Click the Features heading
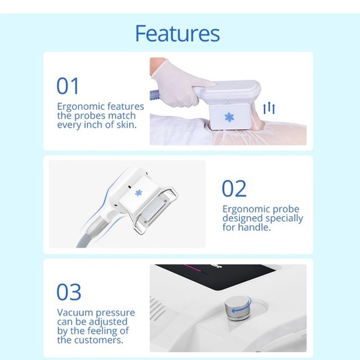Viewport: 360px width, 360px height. (x=178, y=34)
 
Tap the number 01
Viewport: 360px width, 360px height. (x=68, y=86)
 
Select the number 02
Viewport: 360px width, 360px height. (x=234, y=189)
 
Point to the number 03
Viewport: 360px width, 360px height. (x=69, y=292)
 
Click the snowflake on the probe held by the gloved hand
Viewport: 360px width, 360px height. (x=229, y=117)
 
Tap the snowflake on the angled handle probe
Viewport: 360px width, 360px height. (x=138, y=193)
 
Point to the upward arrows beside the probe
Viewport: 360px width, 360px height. (x=269, y=109)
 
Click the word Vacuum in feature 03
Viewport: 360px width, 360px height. (x=75, y=312)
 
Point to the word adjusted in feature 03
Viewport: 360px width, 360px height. (x=108, y=322)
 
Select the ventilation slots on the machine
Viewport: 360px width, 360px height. (x=158, y=308)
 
